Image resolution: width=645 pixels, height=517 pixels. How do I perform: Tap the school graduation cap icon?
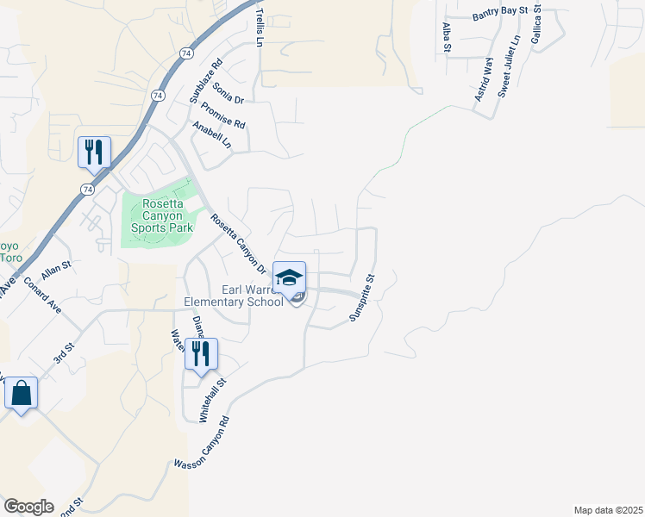tap(290, 277)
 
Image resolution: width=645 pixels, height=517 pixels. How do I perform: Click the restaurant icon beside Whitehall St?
tap(201, 354)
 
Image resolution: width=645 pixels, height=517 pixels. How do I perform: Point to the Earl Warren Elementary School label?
tap(234, 296)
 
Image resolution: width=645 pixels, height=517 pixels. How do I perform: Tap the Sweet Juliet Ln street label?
tap(510, 65)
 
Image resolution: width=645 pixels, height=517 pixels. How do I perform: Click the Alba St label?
tap(447, 38)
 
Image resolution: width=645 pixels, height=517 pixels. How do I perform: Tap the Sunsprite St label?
tap(363, 297)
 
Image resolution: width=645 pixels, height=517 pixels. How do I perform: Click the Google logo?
tap(28, 507)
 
